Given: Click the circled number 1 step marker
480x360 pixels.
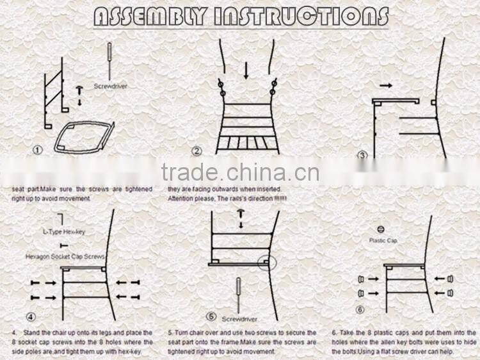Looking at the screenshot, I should (38, 150).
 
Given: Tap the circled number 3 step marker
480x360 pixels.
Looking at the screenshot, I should (362, 155).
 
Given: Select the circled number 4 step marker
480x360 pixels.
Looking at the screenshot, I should (31, 316).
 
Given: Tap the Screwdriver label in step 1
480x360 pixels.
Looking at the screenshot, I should (110, 85).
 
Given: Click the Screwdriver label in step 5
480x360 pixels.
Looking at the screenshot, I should (238, 318).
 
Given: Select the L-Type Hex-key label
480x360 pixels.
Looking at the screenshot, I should (63, 232).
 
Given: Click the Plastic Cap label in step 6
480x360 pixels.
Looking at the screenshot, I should (383, 240).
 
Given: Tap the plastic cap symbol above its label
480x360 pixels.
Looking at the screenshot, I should (380, 229).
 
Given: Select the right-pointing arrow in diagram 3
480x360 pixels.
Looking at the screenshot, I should (386, 85).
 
